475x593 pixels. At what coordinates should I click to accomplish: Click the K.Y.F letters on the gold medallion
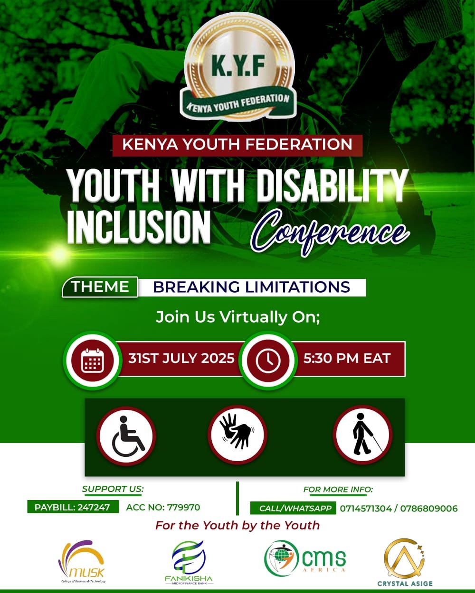(238, 65)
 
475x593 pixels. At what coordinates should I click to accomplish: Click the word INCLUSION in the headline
(139, 227)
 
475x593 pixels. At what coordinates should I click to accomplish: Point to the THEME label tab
(100, 287)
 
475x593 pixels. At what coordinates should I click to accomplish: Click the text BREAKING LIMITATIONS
(251, 287)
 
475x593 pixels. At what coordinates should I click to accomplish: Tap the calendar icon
(93, 361)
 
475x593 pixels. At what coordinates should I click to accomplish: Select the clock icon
(268, 361)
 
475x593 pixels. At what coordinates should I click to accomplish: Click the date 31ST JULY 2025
(181, 358)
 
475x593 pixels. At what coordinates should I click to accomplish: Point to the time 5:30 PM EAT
(347, 358)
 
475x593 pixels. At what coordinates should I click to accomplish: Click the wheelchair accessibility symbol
(127, 436)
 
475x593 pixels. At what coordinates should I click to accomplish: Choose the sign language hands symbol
(237, 435)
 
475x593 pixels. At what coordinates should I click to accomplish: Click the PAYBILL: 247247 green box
(73, 507)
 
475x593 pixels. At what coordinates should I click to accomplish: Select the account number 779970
(183, 507)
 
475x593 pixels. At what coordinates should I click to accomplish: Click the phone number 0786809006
(429, 509)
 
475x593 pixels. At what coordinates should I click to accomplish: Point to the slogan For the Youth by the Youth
(237, 526)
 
